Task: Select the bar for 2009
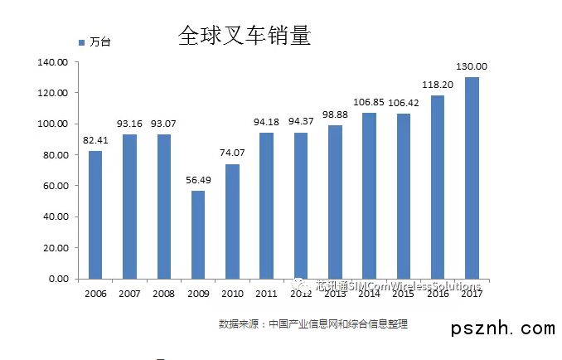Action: point(198,235)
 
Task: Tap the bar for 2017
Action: point(472,178)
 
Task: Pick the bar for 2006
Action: point(95,214)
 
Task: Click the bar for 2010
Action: point(232,221)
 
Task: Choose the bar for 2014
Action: point(369,196)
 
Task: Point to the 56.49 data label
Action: point(198,181)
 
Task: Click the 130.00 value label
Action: point(472,66)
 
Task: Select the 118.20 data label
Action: point(438,85)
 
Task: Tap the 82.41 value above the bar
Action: point(95,140)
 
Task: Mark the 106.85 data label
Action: point(369,102)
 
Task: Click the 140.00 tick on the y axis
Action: point(53,61)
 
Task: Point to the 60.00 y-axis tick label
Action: point(56,186)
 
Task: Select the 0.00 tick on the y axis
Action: point(58,279)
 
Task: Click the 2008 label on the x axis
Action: point(164,293)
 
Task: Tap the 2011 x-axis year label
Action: point(266,293)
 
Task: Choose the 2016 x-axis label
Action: point(438,293)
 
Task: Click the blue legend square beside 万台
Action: point(81,41)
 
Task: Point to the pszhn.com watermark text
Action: point(503,329)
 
